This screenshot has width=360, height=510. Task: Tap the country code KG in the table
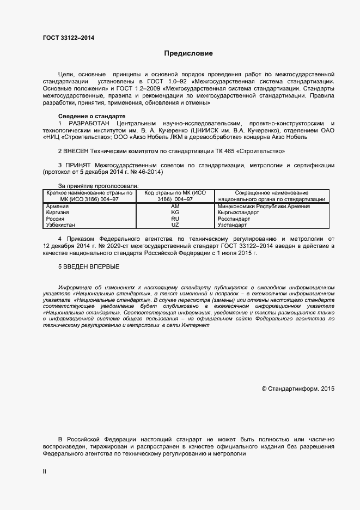(x=175, y=212)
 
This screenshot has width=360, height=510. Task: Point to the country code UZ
(x=175, y=224)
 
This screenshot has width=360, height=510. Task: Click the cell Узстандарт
(x=232, y=224)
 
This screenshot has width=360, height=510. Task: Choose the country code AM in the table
(x=175, y=207)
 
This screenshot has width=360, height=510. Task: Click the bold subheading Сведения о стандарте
(x=91, y=117)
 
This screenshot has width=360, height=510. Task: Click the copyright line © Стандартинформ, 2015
(x=298, y=388)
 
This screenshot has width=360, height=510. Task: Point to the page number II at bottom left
(x=45, y=472)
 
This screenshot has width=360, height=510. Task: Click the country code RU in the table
(x=175, y=218)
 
